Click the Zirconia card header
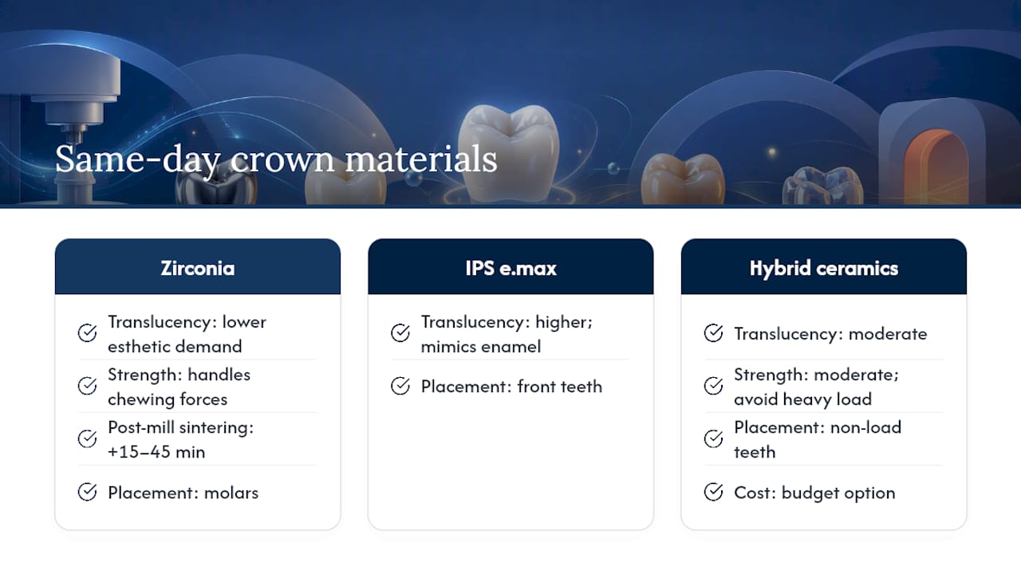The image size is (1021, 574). [x=197, y=266]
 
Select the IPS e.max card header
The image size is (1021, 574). [x=510, y=266]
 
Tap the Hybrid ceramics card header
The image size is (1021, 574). [x=824, y=266]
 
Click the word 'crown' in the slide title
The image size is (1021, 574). [x=282, y=160]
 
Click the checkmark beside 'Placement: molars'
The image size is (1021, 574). [x=87, y=492]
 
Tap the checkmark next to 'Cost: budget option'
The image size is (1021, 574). [x=713, y=492]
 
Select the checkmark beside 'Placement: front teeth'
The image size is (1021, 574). [x=400, y=386]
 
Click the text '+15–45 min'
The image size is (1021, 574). [x=156, y=452]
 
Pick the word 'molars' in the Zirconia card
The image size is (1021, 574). [x=231, y=493]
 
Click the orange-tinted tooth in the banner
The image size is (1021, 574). [x=682, y=179]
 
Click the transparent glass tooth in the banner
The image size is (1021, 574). [x=822, y=186]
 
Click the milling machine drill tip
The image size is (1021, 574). [x=73, y=136]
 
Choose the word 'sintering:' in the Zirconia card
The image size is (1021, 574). [x=216, y=428]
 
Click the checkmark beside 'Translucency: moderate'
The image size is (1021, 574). [x=713, y=333]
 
